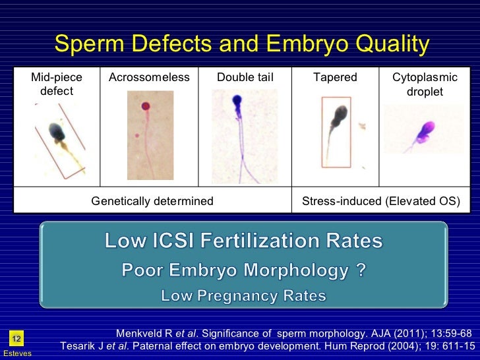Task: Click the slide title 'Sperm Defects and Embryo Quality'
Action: (241, 45)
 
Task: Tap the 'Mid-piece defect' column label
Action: (57, 84)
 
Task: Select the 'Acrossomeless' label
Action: (149, 78)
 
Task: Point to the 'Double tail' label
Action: (245, 78)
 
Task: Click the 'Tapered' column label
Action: (335, 78)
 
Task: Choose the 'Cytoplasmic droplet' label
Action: (425, 84)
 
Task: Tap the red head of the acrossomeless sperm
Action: (145, 105)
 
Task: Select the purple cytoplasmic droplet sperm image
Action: (421, 131)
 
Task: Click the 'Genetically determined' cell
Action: (152, 201)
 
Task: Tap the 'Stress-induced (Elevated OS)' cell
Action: (380, 201)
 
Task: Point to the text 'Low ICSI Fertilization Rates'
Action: (243, 242)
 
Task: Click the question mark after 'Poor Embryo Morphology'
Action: (361, 270)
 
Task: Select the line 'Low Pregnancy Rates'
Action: (243, 296)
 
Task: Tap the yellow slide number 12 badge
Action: (16, 339)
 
